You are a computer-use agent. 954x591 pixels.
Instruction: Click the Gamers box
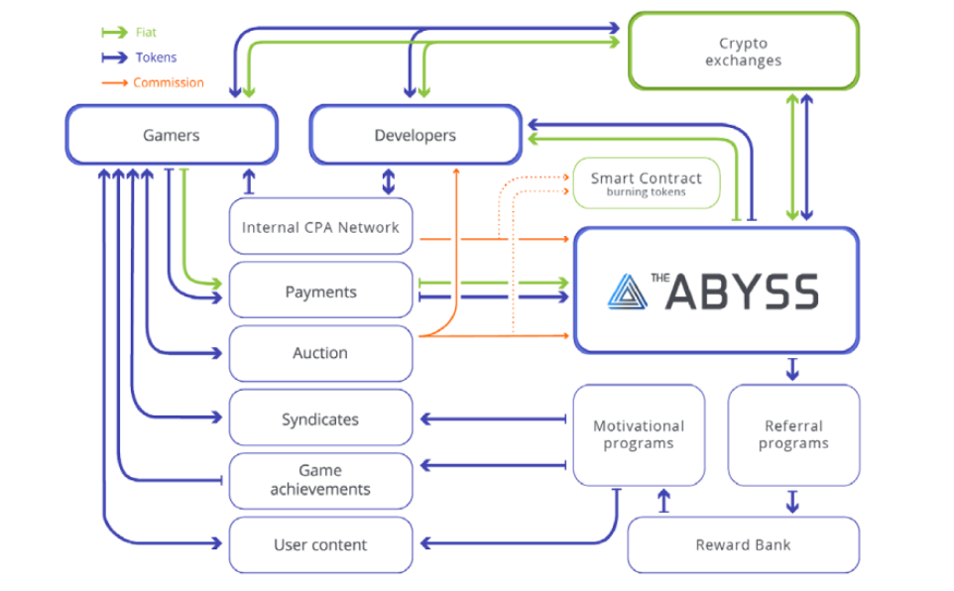(171, 135)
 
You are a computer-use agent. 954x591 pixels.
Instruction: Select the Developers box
(415, 135)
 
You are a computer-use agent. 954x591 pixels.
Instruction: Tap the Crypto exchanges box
(743, 52)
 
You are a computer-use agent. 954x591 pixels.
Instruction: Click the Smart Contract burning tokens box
(646, 183)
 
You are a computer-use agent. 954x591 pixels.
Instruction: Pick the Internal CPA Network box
(320, 227)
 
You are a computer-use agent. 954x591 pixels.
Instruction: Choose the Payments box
(320, 292)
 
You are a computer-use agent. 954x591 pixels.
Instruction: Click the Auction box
(320, 353)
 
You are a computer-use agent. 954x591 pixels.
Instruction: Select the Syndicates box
(320, 419)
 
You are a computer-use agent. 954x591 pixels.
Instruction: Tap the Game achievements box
(320, 480)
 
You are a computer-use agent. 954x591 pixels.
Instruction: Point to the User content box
(320, 544)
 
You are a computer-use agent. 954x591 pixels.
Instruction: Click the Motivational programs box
(639, 434)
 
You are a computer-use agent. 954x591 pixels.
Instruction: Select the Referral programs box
(793, 434)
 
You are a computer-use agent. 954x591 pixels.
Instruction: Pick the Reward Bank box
(743, 544)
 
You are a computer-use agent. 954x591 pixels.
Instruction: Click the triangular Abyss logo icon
(627, 291)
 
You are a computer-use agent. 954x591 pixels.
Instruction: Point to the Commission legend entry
(168, 83)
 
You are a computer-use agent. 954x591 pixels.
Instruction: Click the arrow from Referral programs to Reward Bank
(792, 501)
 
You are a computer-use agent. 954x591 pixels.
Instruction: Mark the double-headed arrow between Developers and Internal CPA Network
(389, 180)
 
